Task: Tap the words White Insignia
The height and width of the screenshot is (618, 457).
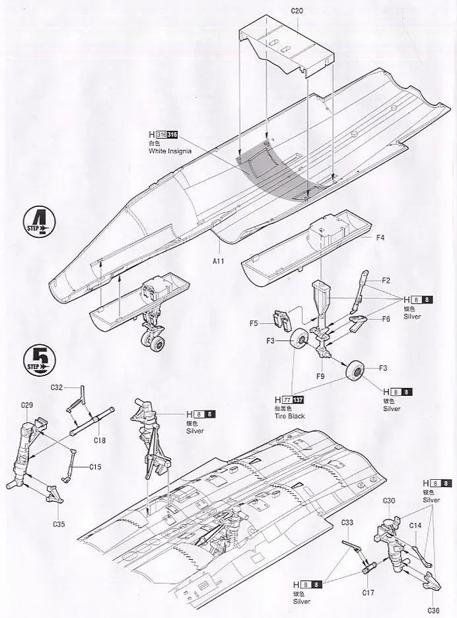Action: pos(171,151)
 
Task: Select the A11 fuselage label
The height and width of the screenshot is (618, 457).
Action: pos(219,262)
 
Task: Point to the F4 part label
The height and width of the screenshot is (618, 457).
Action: pos(381,237)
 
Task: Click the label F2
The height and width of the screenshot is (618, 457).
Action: pos(386,280)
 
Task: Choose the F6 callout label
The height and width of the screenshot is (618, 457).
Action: pos(386,319)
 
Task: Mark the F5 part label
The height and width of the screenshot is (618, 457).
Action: pos(254,323)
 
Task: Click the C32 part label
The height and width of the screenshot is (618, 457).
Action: pos(56,387)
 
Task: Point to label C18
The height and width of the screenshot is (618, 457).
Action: pos(100,440)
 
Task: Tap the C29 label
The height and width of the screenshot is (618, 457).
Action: pos(27,405)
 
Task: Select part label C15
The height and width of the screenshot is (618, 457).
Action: pos(96,467)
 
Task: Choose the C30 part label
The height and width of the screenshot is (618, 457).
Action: pos(388,500)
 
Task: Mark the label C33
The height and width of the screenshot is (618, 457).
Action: pos(348,523)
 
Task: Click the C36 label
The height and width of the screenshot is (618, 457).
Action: pos(433,610)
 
